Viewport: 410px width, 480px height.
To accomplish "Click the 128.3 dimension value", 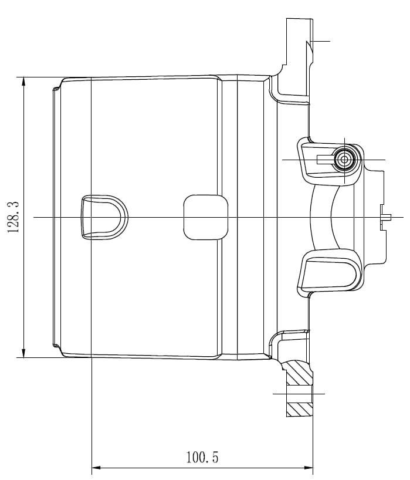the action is (13, 217).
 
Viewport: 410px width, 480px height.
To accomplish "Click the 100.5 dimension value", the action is (202, 457).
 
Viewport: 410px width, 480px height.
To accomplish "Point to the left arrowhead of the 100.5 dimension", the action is (96, 468).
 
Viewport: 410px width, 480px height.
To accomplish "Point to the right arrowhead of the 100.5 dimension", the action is (309, 468).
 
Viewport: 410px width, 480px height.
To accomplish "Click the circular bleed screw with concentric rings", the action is (344, 160).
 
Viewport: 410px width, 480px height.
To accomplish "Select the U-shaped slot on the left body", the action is (104, 217).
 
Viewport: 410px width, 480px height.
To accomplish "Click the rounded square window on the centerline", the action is (206, 217).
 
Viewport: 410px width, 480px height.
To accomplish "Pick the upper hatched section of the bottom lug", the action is (299, 373).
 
